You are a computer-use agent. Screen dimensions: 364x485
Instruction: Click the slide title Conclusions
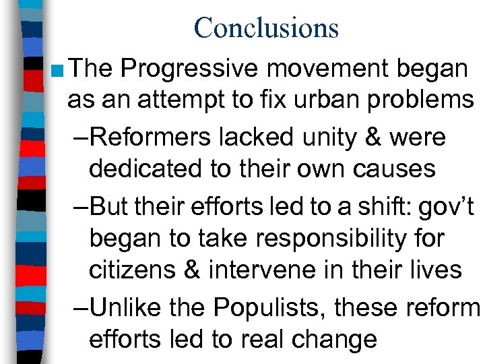pyautogui.click(x=266, y=28)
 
